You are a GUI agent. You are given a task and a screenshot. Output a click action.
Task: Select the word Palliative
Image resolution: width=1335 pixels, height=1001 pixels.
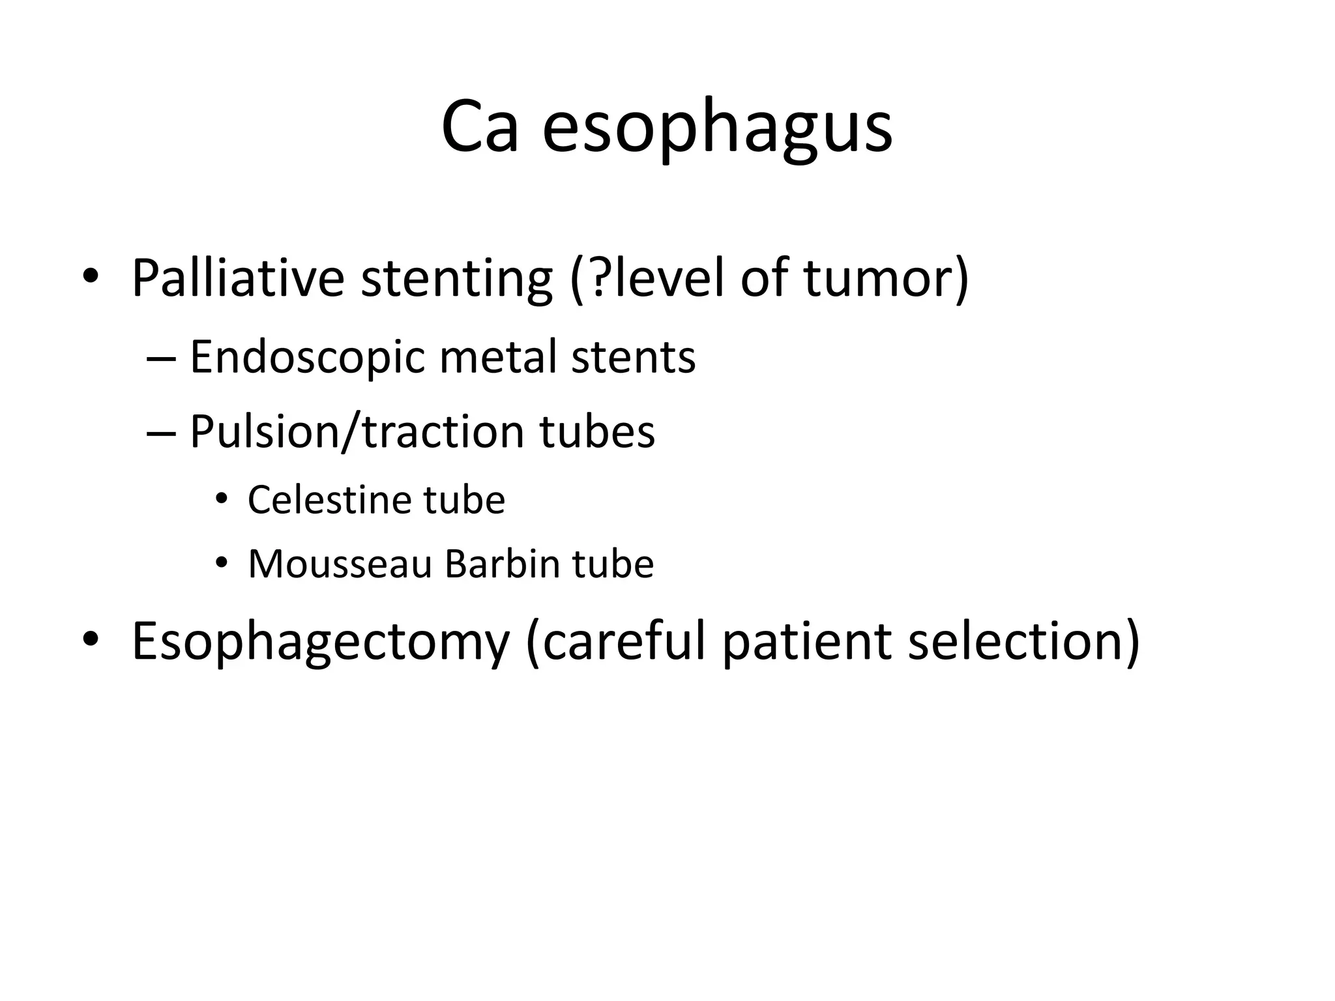pyautogui.click(x=238, y=278)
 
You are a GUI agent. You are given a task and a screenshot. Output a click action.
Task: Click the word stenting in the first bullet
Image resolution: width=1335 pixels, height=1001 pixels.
pyautogui.click(x=456, y=278)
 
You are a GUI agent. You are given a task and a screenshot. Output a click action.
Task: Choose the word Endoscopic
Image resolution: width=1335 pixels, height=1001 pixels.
pyautogui.click(x=307, y=357)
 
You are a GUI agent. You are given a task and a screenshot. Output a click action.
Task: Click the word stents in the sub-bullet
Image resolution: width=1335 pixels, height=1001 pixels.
pyautogui.click(x=633, y=357)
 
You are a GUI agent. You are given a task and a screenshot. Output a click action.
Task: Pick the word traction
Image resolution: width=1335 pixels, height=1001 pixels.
pyautogui.click(x=443, y=432)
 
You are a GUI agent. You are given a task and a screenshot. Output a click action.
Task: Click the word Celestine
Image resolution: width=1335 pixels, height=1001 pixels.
pyautogui.click(x=329, y=500)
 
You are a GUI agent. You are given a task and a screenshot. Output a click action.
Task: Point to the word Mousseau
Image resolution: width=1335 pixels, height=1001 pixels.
pyautogui.click(x=340, y=564)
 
